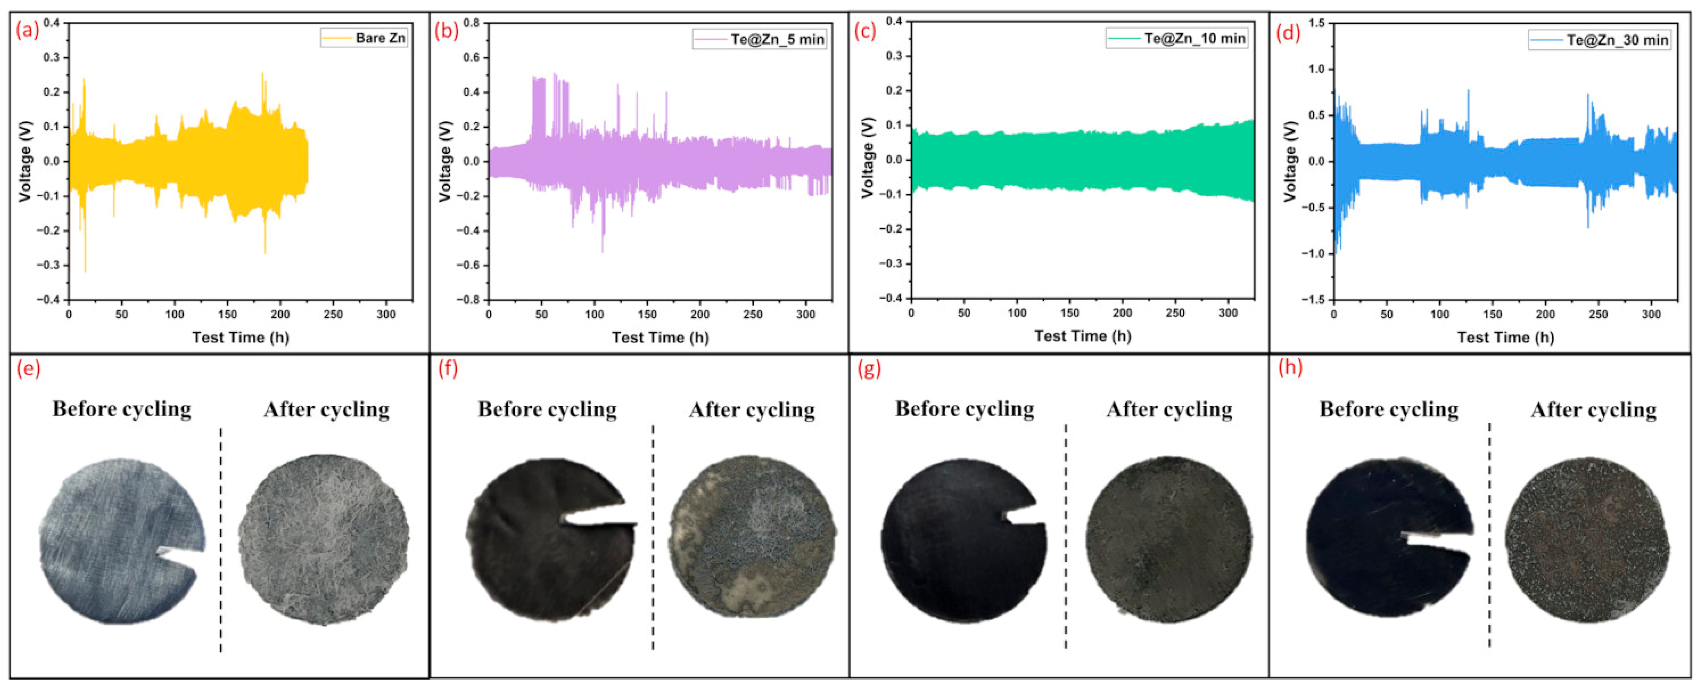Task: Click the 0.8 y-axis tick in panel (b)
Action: tap(471, 23)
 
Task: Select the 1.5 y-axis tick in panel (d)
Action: tap(1316, 23)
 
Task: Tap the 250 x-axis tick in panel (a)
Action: tap(333, 315)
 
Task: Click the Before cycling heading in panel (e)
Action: tap(122, 409)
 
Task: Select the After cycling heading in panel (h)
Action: tap(1593, 410)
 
